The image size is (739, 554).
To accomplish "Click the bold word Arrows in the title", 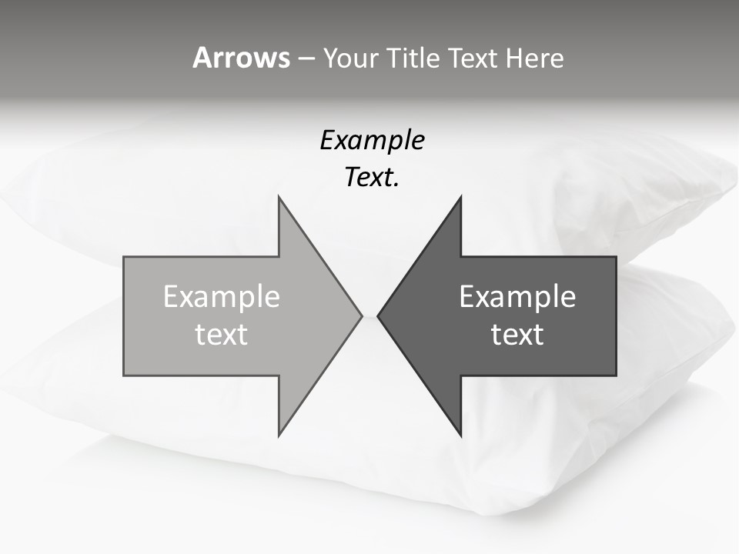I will pyautogui.click(x=241, y=58).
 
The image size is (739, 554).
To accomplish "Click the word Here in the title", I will pyautogui.click(x=534, y=58).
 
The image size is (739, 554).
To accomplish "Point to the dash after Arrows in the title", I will pyautogui.click(x=306, y=58).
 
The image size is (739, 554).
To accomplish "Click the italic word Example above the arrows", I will pyautogui.click(x=372, y=141).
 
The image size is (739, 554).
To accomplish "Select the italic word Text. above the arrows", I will pyautogui.click(x=372, y=178).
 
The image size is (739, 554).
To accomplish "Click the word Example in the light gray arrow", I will pyautogui.click(x=222, y=297).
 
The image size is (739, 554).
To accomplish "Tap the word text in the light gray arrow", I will pyautogui.click(x=222, y=335).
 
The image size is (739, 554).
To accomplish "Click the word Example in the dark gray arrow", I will pyautogui.click(x=517, y=297).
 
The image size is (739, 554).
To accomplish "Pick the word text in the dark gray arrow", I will pyautogui.click(x=517, y=335).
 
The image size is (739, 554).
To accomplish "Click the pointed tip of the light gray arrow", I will pyautogui.click(x=360, y=315).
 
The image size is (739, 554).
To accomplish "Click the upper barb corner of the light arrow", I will pyautogui.click(x=279, y=199).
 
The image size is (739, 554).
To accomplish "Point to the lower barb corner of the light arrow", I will pyautogui.click(x=279, y=434).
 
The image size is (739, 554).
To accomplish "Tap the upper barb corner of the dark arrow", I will pyautogui.click(x=460, y=199).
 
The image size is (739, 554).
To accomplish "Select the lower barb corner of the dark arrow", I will pyautogui.click(x=460, y=434).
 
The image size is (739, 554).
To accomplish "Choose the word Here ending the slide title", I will pyautogui.click(x=534, y=58).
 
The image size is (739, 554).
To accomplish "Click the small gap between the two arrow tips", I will pyautogui.click(x=369, y=315).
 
